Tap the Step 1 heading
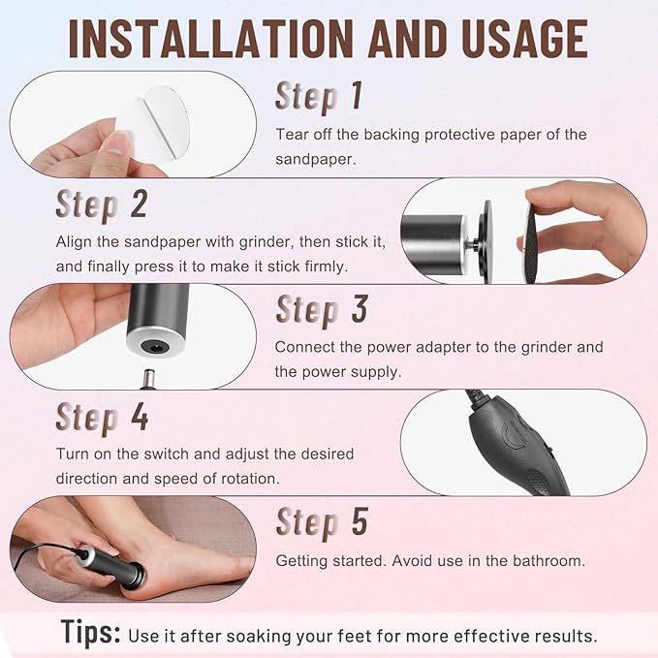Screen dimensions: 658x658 click(x=319, y=96)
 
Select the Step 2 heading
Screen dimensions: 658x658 click(x=102, y=204)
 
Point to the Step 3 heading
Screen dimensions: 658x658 click(x=322, y=309)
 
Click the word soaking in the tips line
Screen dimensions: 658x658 click(x=256, y=637)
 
